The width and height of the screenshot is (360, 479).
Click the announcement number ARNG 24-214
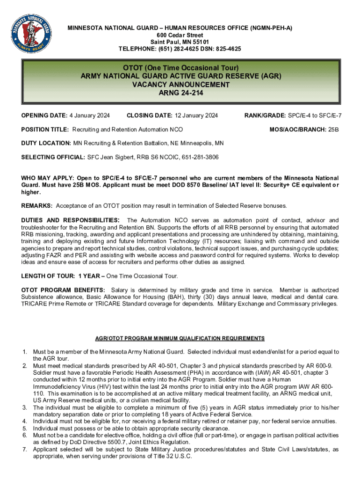pos(180,93)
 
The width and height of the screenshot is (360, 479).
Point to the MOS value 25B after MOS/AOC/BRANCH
pos(333,129)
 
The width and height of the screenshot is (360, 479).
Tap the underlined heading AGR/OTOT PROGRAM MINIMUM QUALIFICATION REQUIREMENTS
pos(180,338)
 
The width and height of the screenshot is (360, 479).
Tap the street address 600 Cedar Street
pos(180,35)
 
